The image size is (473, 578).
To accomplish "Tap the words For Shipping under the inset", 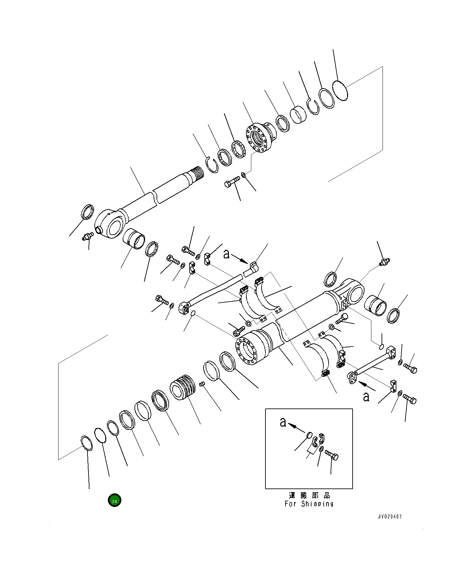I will (309, 504).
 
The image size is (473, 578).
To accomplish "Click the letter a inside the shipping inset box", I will (283, 422).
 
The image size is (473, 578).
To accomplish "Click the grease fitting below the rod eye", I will (87, 236).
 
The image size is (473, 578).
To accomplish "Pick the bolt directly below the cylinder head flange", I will (232, 182).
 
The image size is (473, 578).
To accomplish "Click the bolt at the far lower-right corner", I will (410, 400).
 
